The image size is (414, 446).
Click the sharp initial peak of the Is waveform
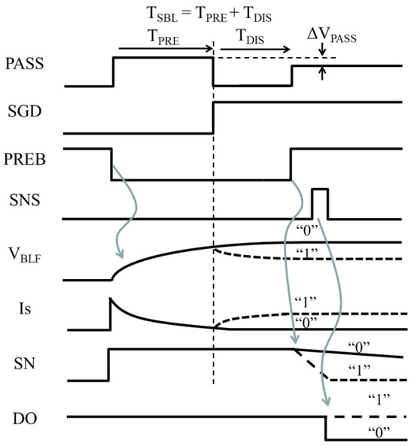pyautogui.click(x=111, y=299)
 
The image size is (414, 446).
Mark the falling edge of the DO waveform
pyautogui.click(x=325, y=428)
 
